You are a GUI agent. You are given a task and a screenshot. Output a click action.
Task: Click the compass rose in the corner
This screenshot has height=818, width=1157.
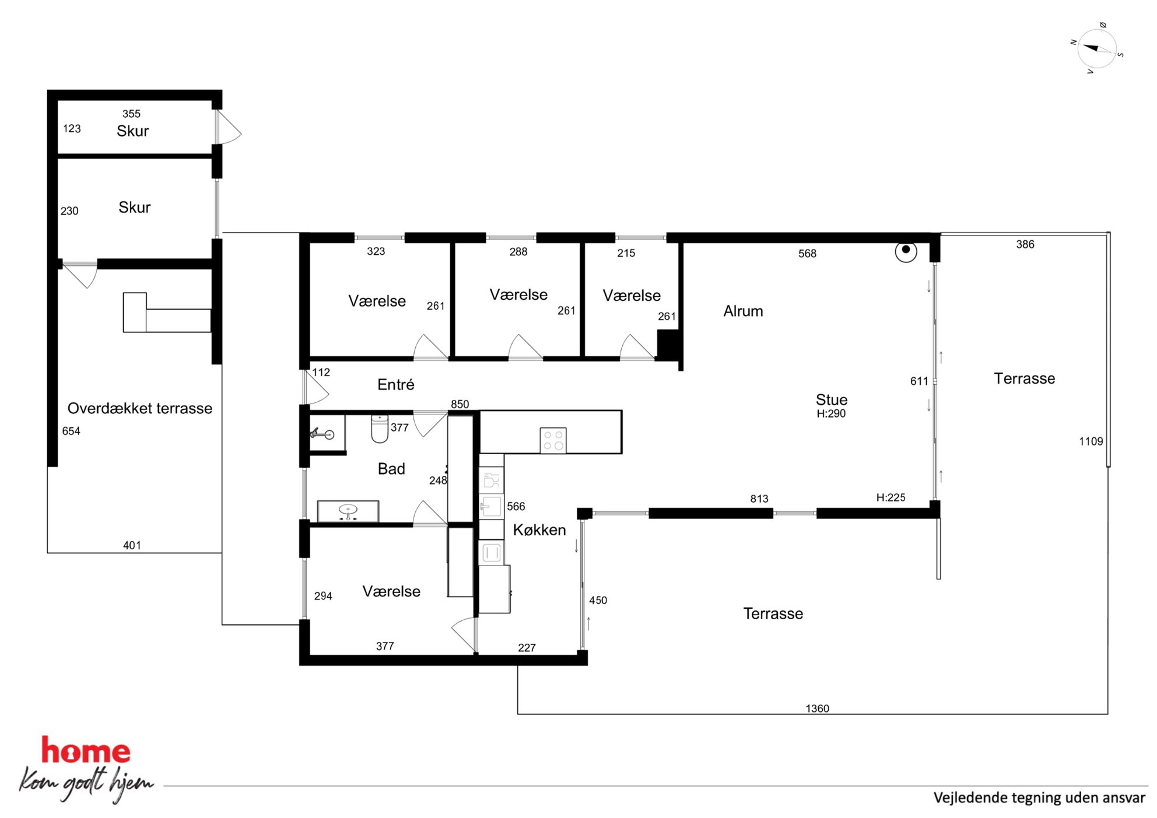click(1097, 49)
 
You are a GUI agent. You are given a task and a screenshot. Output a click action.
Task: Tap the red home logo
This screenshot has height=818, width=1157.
click(86, 751)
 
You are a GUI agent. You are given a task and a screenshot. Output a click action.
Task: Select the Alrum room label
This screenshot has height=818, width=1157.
click(743, 311)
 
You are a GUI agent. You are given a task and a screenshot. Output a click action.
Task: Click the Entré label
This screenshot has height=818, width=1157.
click(396, 385)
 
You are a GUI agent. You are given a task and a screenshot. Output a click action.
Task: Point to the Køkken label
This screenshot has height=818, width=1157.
click(539, 530)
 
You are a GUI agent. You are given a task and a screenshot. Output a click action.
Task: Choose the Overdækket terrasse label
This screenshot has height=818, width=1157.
click(140, 408)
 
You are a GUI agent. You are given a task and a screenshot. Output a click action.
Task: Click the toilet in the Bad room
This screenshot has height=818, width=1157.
click(380, 429)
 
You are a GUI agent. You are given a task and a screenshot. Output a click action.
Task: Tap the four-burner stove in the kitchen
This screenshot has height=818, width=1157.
click(553, 440)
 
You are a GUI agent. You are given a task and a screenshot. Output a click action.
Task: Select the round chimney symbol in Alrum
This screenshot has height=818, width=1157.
click(906, 251)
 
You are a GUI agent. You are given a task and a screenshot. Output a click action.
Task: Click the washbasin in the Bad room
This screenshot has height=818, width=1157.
click(348, 511)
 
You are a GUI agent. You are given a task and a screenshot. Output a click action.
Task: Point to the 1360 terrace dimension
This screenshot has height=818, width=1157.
click(817, 708)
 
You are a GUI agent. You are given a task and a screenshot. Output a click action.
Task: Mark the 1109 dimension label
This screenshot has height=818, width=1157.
click(1091, 441)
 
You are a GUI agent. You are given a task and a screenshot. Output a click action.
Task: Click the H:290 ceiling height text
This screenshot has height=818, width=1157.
click(831, 413)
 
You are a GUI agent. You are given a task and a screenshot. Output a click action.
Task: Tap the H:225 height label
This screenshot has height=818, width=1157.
click(890, 497)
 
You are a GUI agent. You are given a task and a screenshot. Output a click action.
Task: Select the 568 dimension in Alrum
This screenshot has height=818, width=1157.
click(807, 254)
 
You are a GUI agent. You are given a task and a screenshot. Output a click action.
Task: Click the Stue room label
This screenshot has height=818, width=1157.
click(832, 400)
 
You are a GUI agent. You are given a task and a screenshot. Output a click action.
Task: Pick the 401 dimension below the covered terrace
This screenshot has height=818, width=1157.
click(132, 545)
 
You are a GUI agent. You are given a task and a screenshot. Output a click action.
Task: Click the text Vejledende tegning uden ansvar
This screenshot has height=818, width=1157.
click(1039, 798)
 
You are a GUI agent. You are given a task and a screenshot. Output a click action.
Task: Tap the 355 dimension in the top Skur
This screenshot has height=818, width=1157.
click(131, 114)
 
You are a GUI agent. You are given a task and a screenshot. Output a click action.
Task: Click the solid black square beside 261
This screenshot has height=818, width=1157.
click(668, 344)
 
